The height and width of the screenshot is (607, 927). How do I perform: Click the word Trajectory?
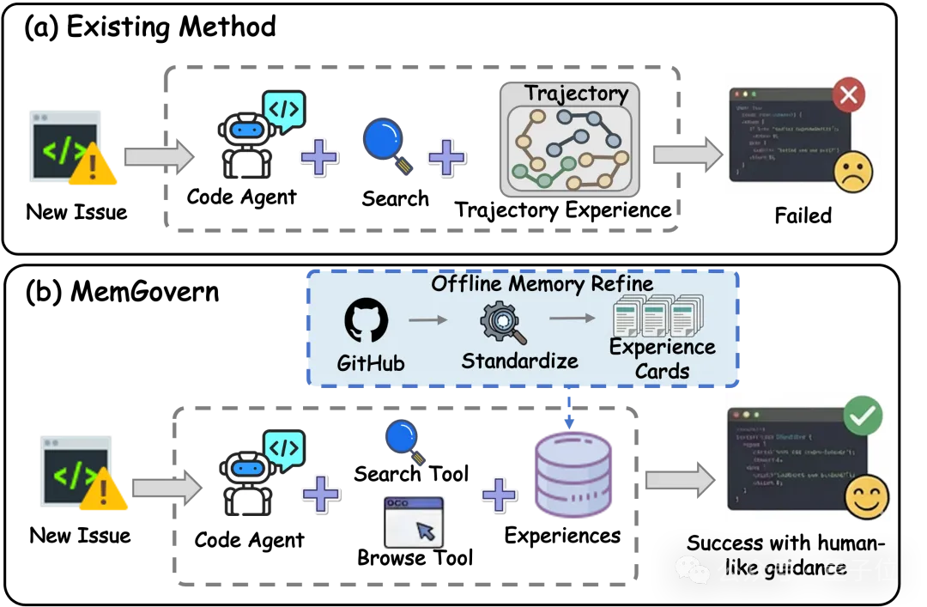click(576, 93)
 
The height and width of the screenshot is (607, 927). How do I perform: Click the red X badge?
click(848, 94)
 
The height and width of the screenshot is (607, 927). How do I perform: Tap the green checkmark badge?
click(862, 416)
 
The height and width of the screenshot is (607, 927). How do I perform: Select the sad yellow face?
click(852, 173)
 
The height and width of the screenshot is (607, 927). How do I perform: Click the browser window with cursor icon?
click(414, 521)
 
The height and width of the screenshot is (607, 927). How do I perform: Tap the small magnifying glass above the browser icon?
click(404, 440)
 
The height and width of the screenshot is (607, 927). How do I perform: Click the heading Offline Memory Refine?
click(542, 283)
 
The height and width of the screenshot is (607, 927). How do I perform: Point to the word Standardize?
click(519, 361)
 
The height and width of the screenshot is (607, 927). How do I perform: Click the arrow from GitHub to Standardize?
click(427, 320)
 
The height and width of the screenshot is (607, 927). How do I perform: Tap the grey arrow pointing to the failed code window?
click(687, 155)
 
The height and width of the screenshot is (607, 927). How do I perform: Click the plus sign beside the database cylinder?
click(499, 495)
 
